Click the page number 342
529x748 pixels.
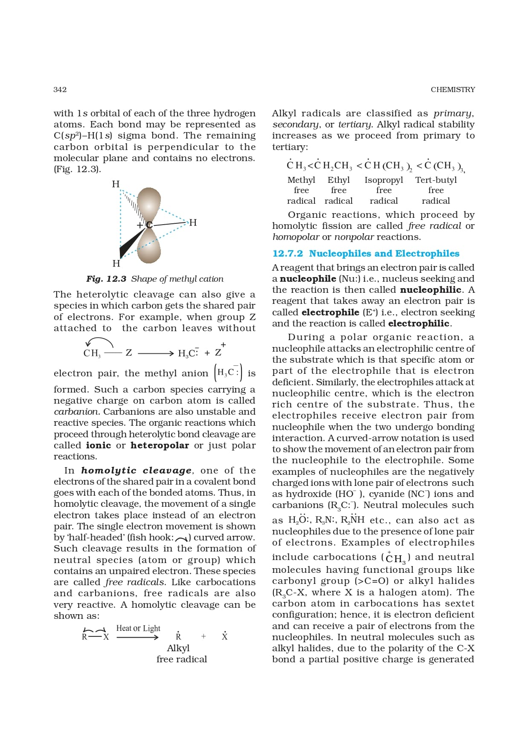pyautogui.click(x=60, y=90)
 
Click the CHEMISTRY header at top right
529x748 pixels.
pyautogui.click(x=453, y=90)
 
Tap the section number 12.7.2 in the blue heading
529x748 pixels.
pyautogui.click(x=288, y=254)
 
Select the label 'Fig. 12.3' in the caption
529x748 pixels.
pyautogui.click(x=106, y=279)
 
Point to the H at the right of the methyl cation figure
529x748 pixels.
pyautogui.click(x=193, y=222)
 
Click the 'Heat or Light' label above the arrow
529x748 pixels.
pyautogui.click(x=138, y=628)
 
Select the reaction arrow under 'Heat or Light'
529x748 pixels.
pyautogui.click(x=137, y=638)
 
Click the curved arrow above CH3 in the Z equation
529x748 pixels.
pyautogui.click(x=99, y=341)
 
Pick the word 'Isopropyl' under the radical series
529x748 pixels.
pyautogui.click(x=384, y=180)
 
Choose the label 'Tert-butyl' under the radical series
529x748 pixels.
pyautogui.click(x=436, y=180)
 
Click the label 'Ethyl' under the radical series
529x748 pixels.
pyautogui.click(x=338, y=180)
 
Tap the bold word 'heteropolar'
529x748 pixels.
pyautogui.click(x=160, y=445)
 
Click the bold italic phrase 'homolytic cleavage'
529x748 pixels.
pyautogui.click(x=137, y=471)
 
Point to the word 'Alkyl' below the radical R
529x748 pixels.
pyautogui.click(x=178, y=648)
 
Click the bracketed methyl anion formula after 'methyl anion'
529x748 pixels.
pyautogui.click(x=228, y=373)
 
